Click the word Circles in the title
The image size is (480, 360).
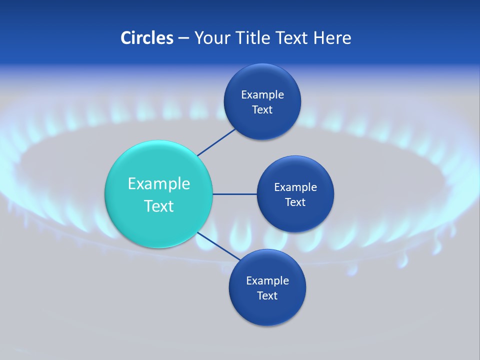click(x=147, y=38)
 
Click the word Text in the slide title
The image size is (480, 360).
click(x=294, y=38)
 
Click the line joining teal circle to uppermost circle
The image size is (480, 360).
click(x=216, y=142)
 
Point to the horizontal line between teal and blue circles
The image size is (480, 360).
click(x=235, y=194)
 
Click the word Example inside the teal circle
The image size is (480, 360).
click(x=159, y=183)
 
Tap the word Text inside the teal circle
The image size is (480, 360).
click(x=159, y=206)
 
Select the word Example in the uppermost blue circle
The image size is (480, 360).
click(x=262, y=94)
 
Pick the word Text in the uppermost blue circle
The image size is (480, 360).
click(x=262, y=109)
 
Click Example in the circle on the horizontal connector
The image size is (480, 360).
click(x=295, y=187)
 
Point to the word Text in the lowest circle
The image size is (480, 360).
click(x=267, y=295)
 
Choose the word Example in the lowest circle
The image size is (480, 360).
click(x=267, y=280)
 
